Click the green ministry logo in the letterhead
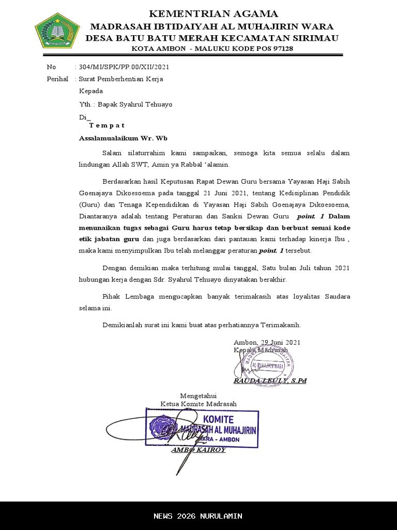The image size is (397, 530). [x=56, y=31]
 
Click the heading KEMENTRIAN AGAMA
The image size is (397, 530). [x=213, y=14]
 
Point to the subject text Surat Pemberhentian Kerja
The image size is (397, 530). [x=121, y=79]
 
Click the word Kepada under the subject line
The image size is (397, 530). [x=91, y=91]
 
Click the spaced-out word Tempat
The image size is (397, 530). [x=106, y=125]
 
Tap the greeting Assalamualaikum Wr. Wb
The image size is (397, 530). [x=123, y=139]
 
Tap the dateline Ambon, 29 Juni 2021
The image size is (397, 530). [x=267, y=342]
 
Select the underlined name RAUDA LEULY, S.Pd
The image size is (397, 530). [x=270, y=381]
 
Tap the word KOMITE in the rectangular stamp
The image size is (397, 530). [x=219, y=419]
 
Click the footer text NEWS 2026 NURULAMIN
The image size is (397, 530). [x=198, y=516]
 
